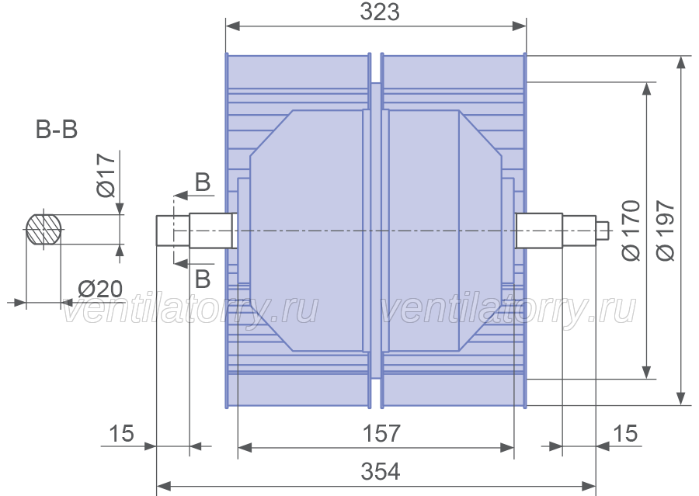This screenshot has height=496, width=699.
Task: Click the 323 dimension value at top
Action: (x=380, y=12)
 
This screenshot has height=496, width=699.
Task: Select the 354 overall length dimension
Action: (x=381, y=471)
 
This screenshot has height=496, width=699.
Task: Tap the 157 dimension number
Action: (x=381, y=433)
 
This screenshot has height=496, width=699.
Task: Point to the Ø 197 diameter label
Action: (x=666, y=231)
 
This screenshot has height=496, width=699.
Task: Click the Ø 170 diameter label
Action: (x=631, y=231)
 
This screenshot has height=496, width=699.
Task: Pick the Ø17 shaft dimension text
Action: (x=106, y=175)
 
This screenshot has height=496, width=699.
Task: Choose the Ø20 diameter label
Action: (x=100, y=290)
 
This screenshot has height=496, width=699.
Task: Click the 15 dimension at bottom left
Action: (x=121, y=433)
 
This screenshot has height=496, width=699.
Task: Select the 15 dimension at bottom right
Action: (x=625, y=433)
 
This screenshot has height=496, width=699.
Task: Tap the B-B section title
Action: (x=57, y=130)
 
